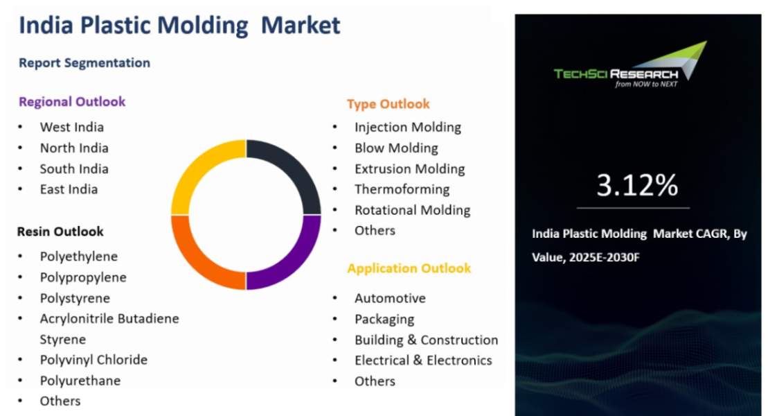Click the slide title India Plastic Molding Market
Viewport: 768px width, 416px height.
[x=179, y=26]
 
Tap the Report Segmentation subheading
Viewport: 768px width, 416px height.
[x=84, y=63]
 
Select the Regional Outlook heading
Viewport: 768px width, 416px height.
[x=72, y=102]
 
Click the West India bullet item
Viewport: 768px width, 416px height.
[x=71, y=127]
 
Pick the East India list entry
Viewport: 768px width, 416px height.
[x=69, y=189]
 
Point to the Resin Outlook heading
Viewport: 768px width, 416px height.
[x=60, y=232]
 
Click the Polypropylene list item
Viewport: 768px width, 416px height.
[x=83, y=277]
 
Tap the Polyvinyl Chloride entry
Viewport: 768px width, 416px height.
[x=93, y=360]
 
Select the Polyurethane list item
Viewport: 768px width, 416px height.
[x=80, y=381]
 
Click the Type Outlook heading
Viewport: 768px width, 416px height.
[x=388, y=104]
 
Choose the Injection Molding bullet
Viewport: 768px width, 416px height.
[x=407, y=127]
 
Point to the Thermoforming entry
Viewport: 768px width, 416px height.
[x=402, y=189]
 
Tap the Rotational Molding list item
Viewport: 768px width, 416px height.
[x=412, y=210]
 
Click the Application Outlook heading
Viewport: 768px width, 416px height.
[x=409, y=268]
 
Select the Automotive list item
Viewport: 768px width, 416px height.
[x=390, y=298]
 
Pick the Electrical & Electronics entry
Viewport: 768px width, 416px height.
[x=423, y=361]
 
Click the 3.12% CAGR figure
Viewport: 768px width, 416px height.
[x=637, y=185]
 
